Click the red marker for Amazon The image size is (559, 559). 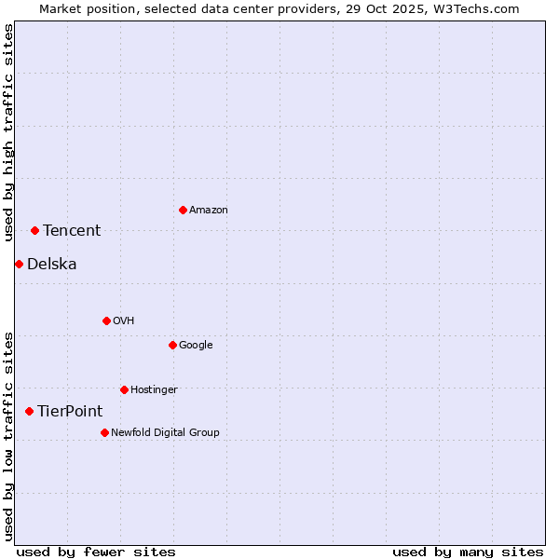tap(183, 210)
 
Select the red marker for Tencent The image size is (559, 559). tap(34, 230)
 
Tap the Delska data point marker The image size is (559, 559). tap(19, 264)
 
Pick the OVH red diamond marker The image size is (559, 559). tap(106, 320)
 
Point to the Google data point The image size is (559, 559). tap(172, 345)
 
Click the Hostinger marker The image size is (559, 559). tap(124, 389)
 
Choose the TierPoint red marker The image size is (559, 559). tap(29, 411)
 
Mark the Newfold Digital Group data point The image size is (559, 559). tap(104, 432)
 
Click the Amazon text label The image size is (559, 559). tap(209, 211)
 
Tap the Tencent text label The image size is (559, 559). tap(72, 231)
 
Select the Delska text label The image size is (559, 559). tap(52, 265)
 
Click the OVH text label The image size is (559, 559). tap(124, 321)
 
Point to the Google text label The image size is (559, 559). tap(196, 346)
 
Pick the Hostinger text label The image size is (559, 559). tap(154, 390)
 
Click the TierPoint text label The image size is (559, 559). tap(70, 412)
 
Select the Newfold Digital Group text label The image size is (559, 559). tap(165, 433)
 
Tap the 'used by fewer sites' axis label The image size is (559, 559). tap(96, 552)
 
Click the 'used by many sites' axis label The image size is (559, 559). tap(468, 552)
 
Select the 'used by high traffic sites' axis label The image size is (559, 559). tap(8, 132)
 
